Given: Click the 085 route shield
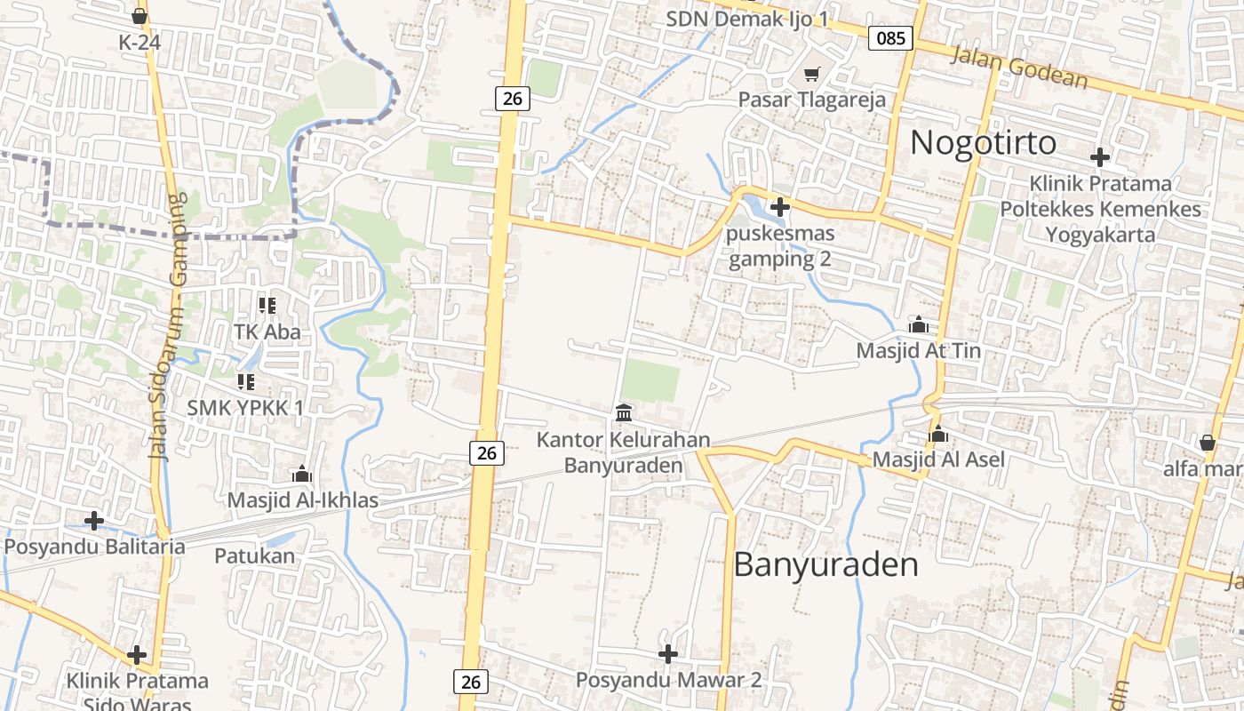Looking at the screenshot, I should [x=890, y=37].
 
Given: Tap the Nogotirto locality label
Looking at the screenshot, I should [x=984, y=142].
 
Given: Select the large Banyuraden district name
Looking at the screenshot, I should [x=825, y=565].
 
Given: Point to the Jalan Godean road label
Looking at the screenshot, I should [x=1019, y=68].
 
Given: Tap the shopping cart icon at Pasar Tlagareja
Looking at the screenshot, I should [x=811, y=74].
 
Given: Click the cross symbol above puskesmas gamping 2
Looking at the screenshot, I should [x=780, y=207].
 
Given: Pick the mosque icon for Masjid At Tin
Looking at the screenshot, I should [x=918, y=324].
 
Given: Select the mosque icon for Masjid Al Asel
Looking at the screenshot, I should [x=938, y=434].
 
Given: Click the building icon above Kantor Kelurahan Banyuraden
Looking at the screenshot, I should [x=624, y=413].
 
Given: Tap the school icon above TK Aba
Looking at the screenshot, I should [x=267, y=306].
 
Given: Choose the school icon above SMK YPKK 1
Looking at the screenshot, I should [x=245, y=382].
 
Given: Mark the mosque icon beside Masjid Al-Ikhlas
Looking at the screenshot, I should [x=302, y=474].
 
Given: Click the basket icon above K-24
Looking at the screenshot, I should [x=139, y=16].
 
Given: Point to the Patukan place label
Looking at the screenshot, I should [x=254, y=556].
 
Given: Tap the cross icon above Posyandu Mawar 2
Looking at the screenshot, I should [x=668, y=654].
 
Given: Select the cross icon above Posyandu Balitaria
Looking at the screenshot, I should [x=94, y=520].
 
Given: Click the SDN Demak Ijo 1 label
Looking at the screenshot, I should [x=746, y=19].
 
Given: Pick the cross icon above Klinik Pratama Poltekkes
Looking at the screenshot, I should [x=1100, y=157].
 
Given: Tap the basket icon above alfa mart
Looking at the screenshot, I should [x=1207, y=442].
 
